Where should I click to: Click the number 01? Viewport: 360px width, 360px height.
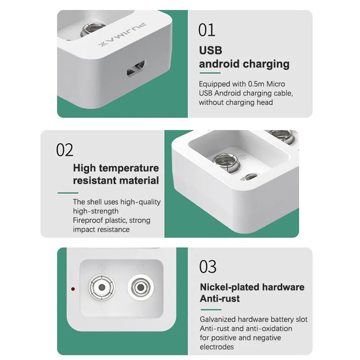click(x=207, y=30)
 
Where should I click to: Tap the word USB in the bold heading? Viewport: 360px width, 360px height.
click(x=211, y=50)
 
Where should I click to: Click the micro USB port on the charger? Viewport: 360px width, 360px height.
click(x=136, y=68)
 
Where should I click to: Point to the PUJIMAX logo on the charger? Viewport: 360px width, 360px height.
click(x=121, y=34)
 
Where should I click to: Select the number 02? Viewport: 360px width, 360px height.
click(x=65, y=150)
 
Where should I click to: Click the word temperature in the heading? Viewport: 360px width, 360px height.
click(x=129, y=168)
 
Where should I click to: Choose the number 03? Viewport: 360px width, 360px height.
click(x=208, y=267)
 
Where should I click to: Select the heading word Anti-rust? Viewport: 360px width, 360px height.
click(x=220, y=298)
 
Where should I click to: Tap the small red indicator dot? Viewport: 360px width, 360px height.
click(x=73, y=289)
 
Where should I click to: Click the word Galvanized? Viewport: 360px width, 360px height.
click(x=218, y=319)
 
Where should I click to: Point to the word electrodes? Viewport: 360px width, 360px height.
click(x=217, y=346)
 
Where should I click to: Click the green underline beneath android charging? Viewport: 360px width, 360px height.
click(x=210, y=73)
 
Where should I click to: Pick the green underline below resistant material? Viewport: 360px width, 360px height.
click(x=68, y=193)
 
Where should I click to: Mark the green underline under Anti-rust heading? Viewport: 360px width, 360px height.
click(x=211, y=310)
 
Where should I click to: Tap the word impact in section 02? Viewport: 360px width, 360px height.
click(x=84, y=229)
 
